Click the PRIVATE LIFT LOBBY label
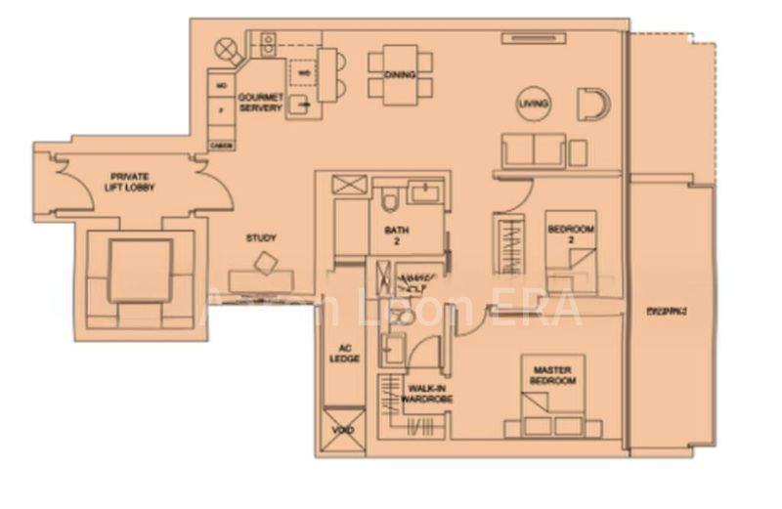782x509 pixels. point(133,181)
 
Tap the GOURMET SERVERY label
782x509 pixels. point(261,102)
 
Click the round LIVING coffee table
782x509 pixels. point(535,104)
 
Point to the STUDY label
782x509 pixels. point(261,237)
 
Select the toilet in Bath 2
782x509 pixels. point(390,200)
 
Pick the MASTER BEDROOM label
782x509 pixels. point(553,375)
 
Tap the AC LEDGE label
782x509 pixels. point(349,354)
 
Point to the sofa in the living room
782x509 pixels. point(533,150)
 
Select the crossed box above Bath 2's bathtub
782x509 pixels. point(349,185)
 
